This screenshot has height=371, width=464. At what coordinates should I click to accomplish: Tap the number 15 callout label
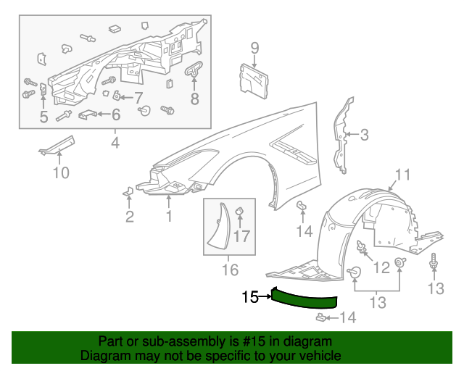[250, 296]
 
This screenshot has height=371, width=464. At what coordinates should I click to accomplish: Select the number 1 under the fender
[169, 216]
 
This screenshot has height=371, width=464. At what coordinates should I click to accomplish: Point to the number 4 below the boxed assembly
[115, 143]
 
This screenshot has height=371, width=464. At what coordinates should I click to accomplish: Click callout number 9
[254, 49]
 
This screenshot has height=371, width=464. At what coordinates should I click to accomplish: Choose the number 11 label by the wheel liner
[402, 174]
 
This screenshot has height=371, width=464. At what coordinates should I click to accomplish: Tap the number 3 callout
[364, 134]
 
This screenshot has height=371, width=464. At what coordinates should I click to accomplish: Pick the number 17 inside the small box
[242, 235]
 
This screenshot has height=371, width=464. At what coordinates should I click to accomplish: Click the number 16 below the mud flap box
[229, 270]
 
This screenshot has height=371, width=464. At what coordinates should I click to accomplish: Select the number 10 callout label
[61, 172]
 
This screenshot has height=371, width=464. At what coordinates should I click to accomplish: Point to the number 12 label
[381, 269]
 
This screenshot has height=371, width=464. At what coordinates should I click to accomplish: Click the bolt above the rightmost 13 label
[434, 262]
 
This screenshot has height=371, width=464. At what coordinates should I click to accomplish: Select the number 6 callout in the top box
[115, 114]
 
